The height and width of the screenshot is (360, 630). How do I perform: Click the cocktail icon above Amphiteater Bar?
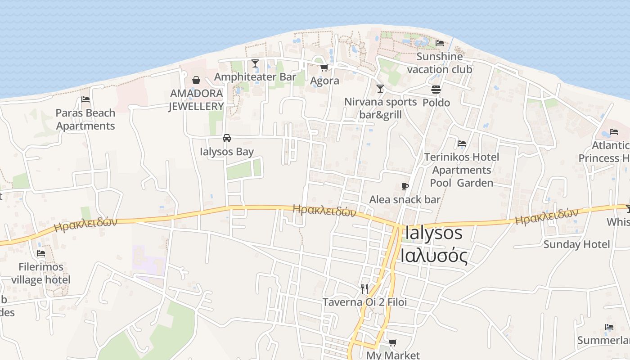[255, 63]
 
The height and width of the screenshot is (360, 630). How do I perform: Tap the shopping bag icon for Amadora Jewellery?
[196, 81]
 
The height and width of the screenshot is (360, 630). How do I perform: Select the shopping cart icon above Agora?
[324, 68]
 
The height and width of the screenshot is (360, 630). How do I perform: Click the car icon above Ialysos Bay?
[227, 138]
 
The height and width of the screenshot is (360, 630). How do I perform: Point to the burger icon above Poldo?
[436, 90]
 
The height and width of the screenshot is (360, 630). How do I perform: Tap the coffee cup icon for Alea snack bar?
[405, 186]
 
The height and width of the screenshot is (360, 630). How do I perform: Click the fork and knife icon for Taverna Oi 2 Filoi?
[364, 288]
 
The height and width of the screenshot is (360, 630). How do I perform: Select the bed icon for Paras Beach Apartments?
[85, 99]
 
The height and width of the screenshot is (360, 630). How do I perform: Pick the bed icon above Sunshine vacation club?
[440, 43]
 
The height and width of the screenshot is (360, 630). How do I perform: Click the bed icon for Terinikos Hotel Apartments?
[462, 144]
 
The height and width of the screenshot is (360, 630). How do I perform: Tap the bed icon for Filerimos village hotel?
[41, 253]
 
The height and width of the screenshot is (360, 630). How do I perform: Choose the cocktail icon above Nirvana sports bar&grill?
[380, 89]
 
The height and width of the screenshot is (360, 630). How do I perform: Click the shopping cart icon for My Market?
[392, 343]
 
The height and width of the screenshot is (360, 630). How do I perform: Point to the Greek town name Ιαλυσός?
[434, 256]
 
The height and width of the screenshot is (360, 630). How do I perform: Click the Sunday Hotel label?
[576, 244]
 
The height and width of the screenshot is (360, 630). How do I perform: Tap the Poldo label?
[436, 103]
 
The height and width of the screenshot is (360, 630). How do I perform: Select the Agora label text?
[324, 81]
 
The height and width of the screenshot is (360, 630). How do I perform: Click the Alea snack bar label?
[405, 199]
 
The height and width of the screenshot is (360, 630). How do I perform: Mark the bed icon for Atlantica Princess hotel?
[613, 132]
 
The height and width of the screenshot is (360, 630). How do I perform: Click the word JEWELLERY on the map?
[196, 107]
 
